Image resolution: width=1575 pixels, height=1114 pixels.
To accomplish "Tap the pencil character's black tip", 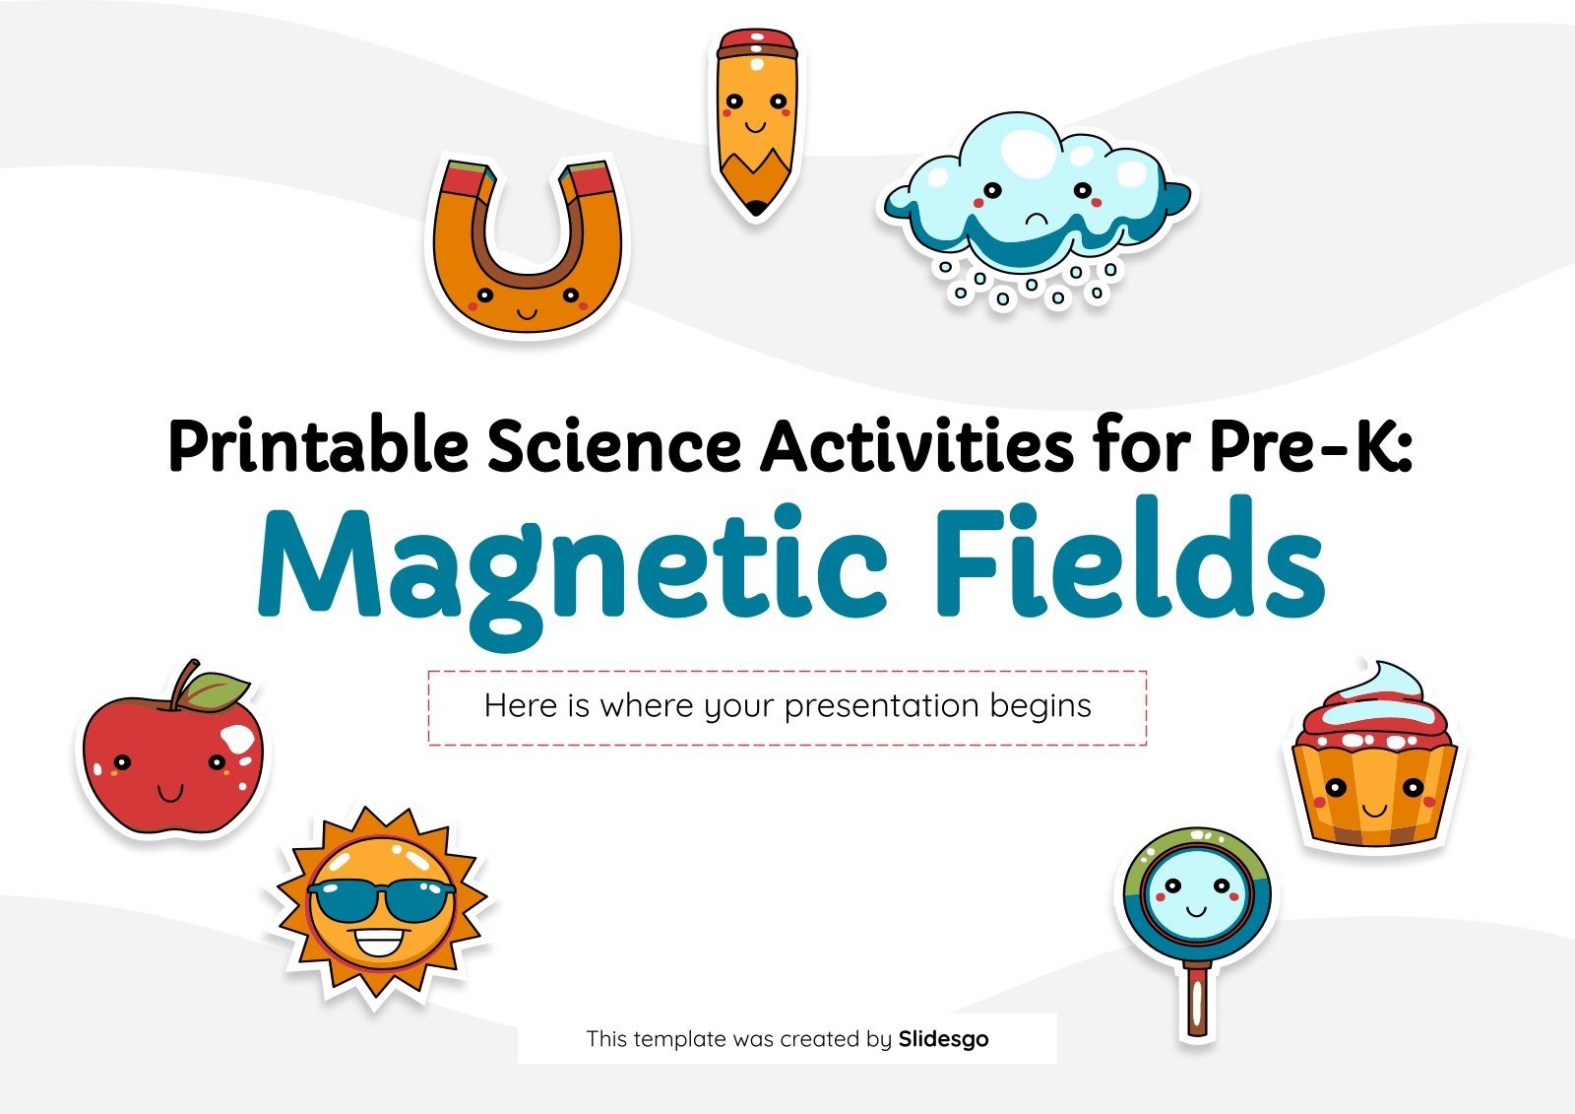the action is pos(756,207).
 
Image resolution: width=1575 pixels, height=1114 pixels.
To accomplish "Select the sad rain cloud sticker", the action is pos(1038,208).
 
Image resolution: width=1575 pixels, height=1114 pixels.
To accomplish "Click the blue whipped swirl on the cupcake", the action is pos(1377,693).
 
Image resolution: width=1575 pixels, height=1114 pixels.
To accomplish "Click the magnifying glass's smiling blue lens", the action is pos(1196,896).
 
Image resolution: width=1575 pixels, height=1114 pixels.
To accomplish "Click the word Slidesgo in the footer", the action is pos(944,1039).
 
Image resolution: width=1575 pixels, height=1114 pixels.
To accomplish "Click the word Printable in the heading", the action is pos(319,445).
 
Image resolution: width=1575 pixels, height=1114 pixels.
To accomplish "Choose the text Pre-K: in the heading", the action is pos(1310,445).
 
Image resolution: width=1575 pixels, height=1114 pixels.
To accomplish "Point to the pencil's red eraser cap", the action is pos(757,43).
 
